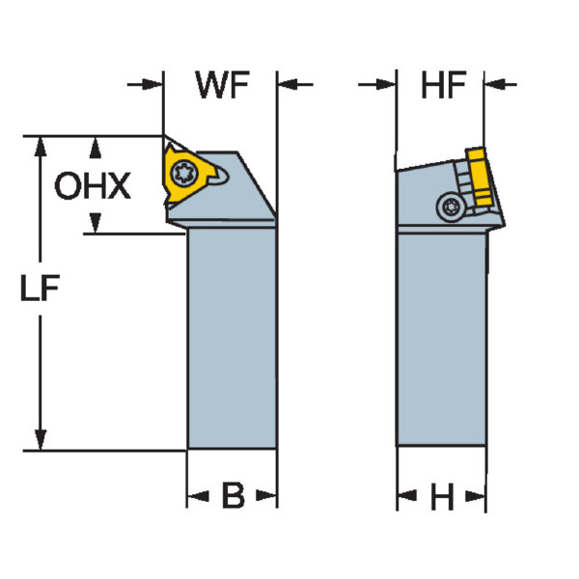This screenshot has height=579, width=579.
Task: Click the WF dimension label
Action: click(x=221, y=86)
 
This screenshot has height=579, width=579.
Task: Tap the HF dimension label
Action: click(x=444, y=86)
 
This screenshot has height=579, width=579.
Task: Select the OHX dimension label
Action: click(x=92, y=185)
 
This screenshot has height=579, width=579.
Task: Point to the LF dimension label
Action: click(x=40, y=289)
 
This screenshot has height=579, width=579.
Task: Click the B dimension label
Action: click(x=233, y=498)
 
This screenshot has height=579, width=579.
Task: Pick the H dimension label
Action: click(x=442, y=498)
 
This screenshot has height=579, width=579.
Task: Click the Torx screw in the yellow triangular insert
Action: click(x=182, y=175)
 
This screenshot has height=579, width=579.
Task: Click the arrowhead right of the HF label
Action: click(x=492, y=85)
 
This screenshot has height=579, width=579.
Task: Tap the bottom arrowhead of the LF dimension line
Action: click(x=40, y=440)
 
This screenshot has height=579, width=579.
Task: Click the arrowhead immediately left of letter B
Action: click(x=197, y=498)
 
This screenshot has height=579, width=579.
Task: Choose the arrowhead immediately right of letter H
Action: click(x=475, y=498)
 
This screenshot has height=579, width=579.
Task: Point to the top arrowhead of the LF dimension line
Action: click(x=40, y=146)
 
